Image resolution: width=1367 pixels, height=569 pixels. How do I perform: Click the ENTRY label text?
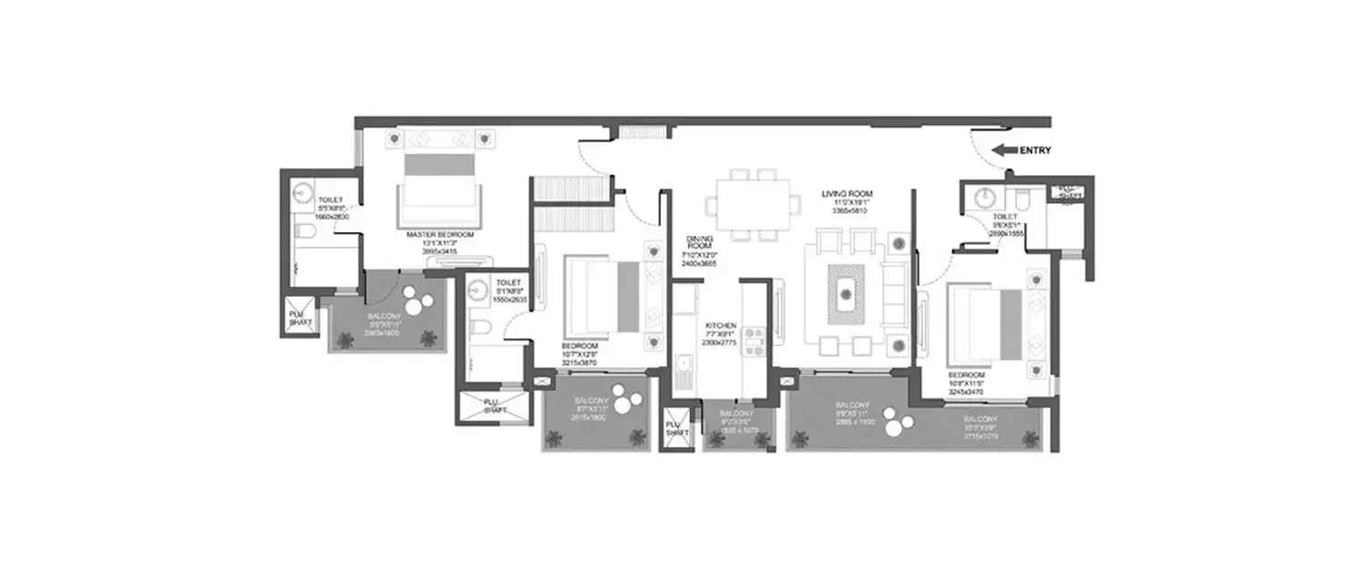coord(1035,151)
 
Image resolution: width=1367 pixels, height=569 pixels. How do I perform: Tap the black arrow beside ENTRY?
coord(1004,151)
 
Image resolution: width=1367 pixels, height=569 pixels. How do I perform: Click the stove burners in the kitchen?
coord(755,340)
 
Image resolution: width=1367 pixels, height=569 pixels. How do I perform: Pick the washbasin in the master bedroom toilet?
coord(303,193)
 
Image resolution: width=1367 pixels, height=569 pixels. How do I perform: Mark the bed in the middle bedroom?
coord(601,297)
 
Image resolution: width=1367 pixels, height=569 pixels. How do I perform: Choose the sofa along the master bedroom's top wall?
coord(441,138)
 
